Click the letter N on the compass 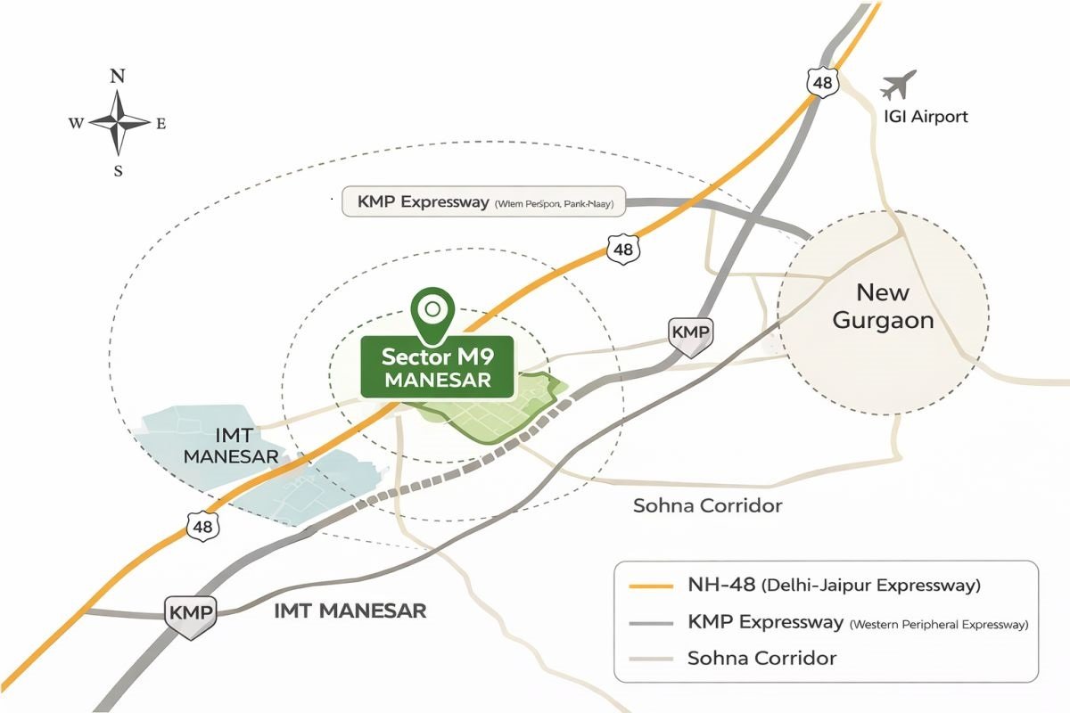pyautogui.click(x=117, y=78)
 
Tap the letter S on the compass pyautogui.click(x=118, y=172)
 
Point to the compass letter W pyautogui.click(x=76, y=124)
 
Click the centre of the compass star pyautogui.click(x=118, y=124)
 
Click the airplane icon pyautogui.click(x=899, y=86)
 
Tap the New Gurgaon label pyautogui.click(x=883, y=306)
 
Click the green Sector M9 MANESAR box pyautogui.click(x=436, y=367)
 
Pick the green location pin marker pyautogui.click(x=432, y=315)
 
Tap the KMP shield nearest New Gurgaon pyautogui.click(x=690, y=333)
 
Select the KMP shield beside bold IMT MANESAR pyautogui.click(x=191, y=614)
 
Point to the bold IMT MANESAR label pyautogui.click(x=350, y=611)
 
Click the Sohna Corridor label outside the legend pyautogui.click(x=707, y=506)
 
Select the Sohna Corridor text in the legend pyautogui.click(x=761, y=659)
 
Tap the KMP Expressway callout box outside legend pyautogui.click(x=484, y=202)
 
